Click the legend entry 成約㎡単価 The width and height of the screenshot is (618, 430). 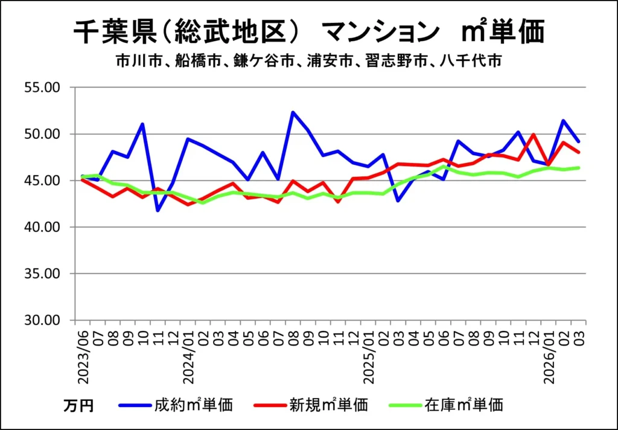[x=193, y=404]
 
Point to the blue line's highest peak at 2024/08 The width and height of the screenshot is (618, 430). [x=293, y=112]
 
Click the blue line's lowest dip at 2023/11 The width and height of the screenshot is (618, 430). [x=158, y=210]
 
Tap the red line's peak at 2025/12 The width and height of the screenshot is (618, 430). [x=533, y=135]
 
